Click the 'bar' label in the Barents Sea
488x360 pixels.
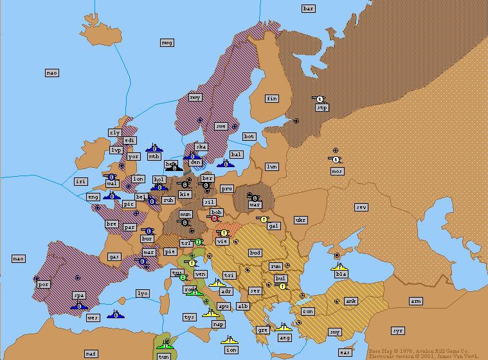point(309,8)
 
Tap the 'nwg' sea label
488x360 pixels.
point(167,42)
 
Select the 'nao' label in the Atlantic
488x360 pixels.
point(52,73)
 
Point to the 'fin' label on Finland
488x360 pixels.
point(272,98)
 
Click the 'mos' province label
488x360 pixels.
point(338,171)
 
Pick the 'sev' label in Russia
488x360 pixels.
point(361,207)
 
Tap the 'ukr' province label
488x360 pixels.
point(300,220)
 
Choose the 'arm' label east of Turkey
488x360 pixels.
point(416,301)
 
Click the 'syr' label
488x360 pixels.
point(398,330)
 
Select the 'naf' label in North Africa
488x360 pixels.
point(91,354)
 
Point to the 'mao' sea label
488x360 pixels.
point(19,258)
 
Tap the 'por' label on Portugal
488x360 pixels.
point(44,283)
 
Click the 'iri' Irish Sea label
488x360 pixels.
point(80,181)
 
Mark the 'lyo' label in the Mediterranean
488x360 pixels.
point(143,293)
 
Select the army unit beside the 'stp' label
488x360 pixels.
point(318,99)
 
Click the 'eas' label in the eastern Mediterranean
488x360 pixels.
point(345,352)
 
